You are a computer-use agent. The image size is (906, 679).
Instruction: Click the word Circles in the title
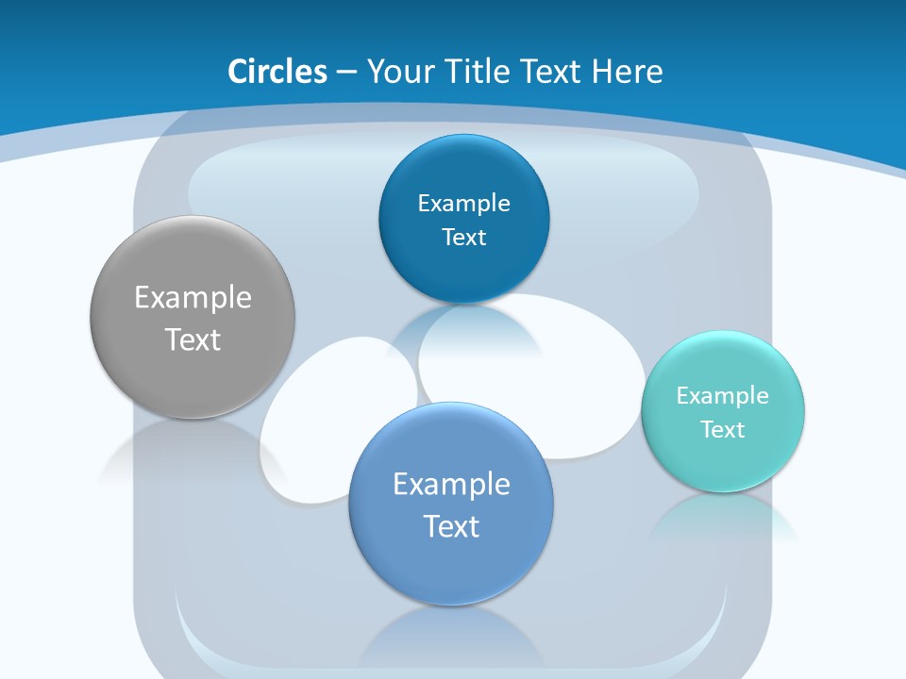coord(277,72)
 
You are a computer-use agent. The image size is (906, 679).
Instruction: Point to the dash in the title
coord(346,74)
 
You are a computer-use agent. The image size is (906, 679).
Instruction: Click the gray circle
coord(193,317)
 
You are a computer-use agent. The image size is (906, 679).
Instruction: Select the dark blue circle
coord(464,218)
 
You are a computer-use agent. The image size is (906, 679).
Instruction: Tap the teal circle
coord(723,412)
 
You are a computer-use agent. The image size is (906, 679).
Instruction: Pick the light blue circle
coord(451,504)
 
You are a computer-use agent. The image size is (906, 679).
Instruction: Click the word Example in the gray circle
coord(193,299)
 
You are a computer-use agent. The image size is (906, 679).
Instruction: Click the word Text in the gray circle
coord(193,339)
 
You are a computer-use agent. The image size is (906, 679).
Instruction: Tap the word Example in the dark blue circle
coord(464,204)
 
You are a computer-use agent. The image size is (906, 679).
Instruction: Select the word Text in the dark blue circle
coord(464,238)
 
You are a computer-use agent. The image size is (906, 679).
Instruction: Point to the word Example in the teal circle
coord(723,396)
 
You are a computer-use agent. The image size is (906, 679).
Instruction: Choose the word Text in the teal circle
coord(723,430)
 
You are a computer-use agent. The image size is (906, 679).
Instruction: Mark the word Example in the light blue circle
coord(452,485)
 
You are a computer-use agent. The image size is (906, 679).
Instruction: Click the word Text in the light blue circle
coord(451,526)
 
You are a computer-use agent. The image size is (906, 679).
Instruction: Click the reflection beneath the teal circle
coord(724,520)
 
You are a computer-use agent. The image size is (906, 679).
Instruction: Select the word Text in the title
coord(552,72)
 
